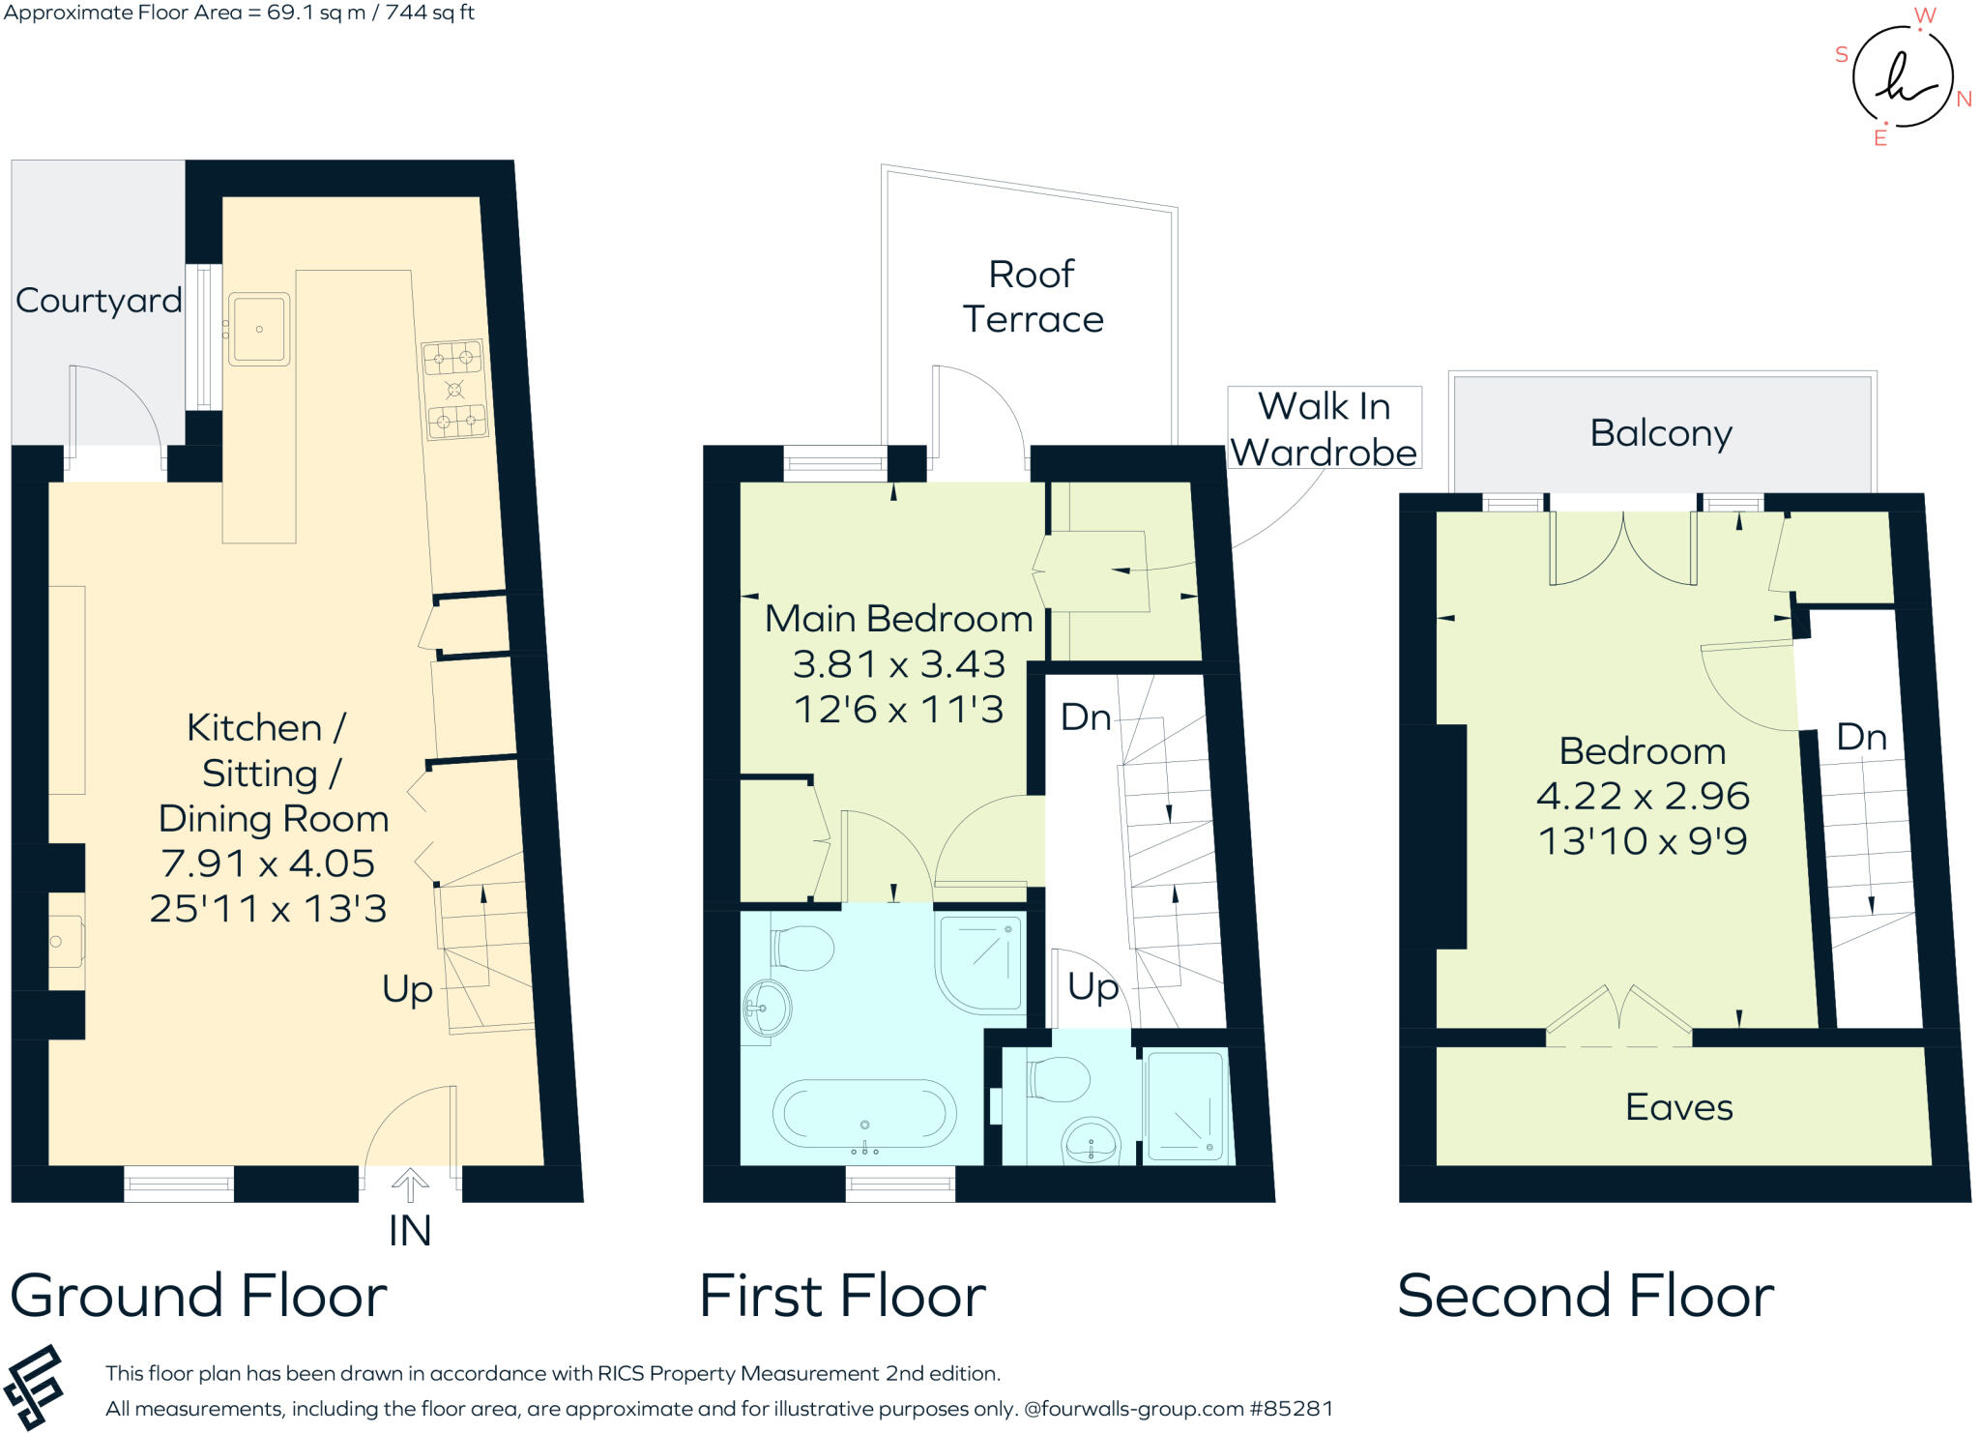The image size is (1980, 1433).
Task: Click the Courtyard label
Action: [99, 301]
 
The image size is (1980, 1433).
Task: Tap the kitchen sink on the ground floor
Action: [259, 329]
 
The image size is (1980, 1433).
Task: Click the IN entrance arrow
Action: [410, 1185]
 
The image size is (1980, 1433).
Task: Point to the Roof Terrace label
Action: [1033, 297]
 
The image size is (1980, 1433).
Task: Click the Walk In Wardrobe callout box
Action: [1324, 428]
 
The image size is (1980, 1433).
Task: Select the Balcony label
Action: [1661, 433]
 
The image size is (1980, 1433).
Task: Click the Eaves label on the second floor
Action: [1678, 1107]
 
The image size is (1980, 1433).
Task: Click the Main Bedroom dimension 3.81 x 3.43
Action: [899, 664]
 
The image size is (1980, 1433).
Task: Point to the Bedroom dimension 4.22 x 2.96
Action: [1643, 796]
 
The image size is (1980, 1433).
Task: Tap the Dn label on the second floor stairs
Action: [1861, 738]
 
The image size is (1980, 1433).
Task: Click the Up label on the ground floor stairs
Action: [407, 989]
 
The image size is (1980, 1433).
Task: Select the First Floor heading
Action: [842, 1296]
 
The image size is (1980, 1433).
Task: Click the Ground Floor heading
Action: [198, 1296]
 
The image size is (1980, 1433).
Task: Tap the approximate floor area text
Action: [239, 13]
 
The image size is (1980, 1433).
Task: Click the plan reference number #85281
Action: [1292, 1409]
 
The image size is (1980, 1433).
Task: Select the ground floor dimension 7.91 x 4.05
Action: [268, 863]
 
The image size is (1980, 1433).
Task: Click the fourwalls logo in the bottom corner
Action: [34, 1387]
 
